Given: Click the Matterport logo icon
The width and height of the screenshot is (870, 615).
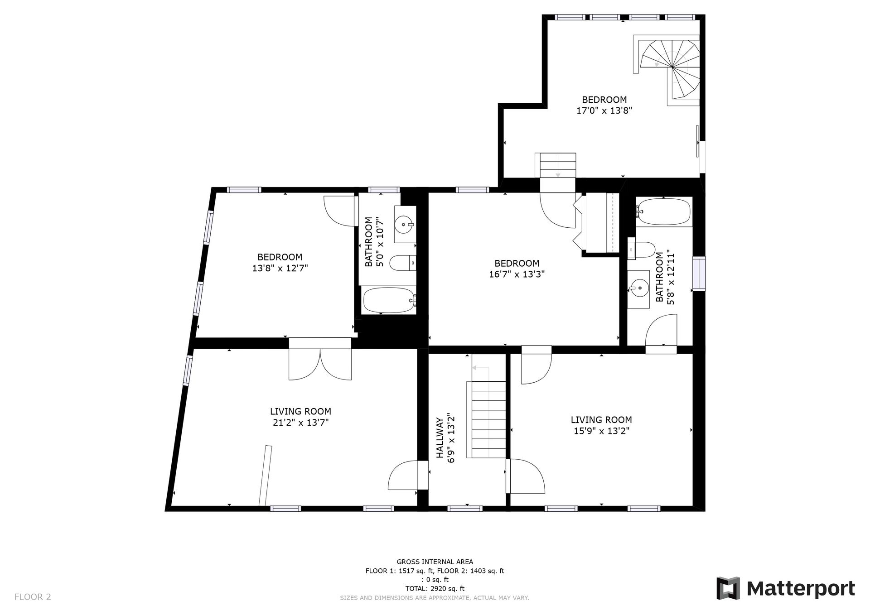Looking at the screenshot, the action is [x=728, y=588].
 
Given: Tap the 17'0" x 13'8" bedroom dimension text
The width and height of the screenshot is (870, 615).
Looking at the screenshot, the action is [x=604, y=110].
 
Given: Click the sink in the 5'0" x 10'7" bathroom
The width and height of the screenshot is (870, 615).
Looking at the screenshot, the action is [x=405, y=224].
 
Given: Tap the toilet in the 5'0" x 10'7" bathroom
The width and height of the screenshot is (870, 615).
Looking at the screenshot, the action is [x=403, y=263].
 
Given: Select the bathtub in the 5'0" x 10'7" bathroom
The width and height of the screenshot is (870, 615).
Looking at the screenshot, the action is [x=388, y=300].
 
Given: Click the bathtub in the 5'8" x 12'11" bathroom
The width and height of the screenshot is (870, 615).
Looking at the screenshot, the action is [x=663, y=211].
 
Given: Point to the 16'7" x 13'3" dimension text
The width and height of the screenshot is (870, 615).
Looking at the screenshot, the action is [x=517, y=274].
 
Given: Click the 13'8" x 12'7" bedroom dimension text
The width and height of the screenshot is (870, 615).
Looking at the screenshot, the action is [x=280, y=268].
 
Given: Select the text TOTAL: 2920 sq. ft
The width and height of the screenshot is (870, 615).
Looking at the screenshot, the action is [x=435, y=589].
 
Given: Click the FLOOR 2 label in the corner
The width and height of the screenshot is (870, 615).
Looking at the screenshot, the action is [x=33, y=597].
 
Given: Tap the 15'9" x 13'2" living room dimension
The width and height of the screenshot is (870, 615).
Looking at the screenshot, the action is [x=601, y=431].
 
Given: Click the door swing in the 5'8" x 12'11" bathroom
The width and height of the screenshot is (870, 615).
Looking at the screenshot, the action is [x=661, y=331].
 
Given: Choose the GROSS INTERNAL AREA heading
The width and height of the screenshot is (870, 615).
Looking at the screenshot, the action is [x=435, y=562].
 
